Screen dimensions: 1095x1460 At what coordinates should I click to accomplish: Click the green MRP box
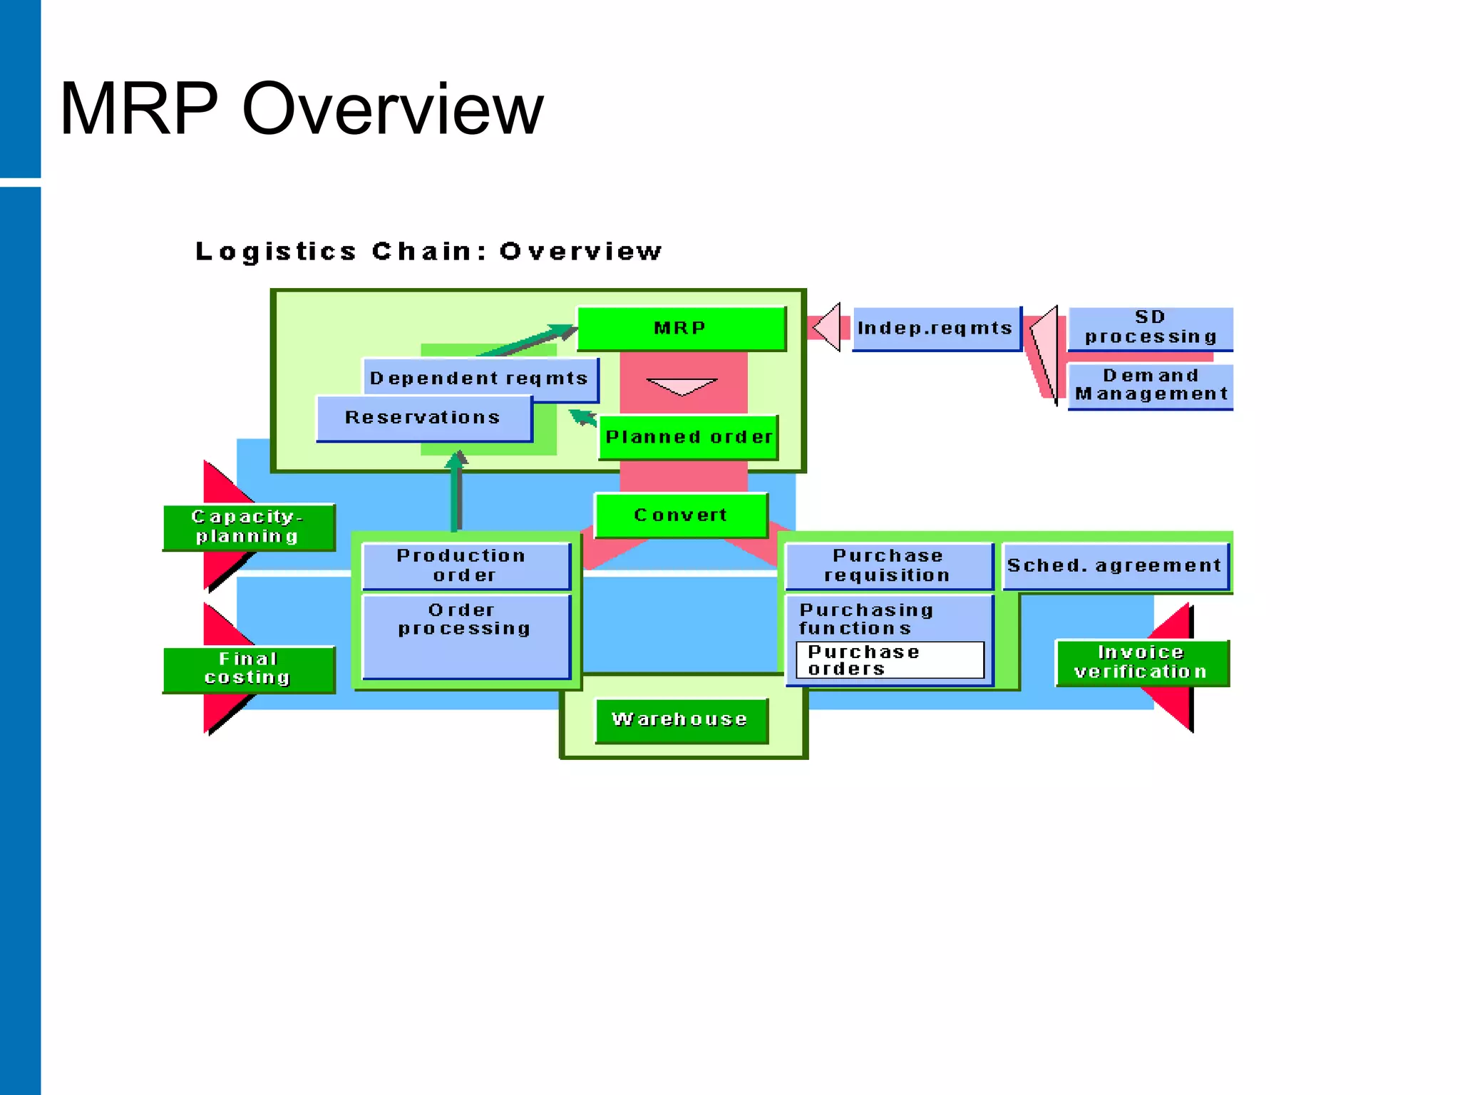pos(681,329)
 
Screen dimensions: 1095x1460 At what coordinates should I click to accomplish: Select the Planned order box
pos(688,437)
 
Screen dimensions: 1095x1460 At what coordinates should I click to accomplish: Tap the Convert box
pos(681,515)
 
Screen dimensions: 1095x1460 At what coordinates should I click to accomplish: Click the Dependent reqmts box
pos(479,378)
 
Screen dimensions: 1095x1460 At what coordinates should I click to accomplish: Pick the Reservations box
pos(423,418)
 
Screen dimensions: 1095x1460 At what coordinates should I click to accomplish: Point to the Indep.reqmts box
pos(935,329)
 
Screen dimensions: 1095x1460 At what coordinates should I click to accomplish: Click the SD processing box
pos(1150,328)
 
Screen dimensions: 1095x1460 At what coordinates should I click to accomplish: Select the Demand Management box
pos(1150,386)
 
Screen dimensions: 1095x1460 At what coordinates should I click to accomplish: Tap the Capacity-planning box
pos(248,527)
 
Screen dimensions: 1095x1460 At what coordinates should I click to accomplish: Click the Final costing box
pos(248,669)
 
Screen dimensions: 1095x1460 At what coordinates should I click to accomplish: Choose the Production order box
pos(465,566)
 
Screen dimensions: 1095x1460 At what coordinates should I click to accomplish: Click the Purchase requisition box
pos(888,566)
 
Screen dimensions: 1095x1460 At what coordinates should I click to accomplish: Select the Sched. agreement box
pos(1114,566)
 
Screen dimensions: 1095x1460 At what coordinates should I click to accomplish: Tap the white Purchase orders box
pos(889,660)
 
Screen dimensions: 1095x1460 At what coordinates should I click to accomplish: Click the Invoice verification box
pos(1141,662)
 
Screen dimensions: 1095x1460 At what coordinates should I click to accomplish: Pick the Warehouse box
pos(681,720)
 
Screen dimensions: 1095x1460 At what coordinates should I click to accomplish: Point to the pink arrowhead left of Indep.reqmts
pos(828,327)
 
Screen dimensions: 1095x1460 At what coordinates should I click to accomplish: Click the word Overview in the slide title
pos(393,109)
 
